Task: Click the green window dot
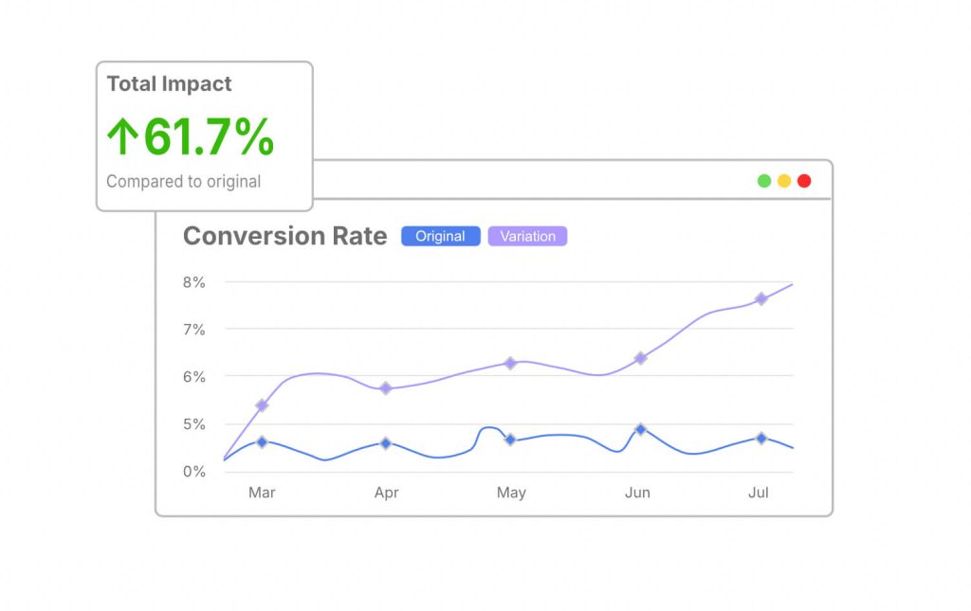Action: coord(764,181)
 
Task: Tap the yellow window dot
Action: coord(784,181)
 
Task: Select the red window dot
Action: coord(804,181)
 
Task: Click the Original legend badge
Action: coord(440,237)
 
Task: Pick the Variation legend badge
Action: coord(527,237)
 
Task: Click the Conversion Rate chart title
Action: coord(284,236)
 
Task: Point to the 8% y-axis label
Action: coord(193,282)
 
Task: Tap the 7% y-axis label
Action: coord(193,330)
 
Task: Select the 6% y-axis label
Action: coord(193,377)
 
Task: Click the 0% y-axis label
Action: coord(193,472)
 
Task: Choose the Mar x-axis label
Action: coord(262,493)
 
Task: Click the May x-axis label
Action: coord(511,493)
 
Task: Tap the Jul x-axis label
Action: coord(759,493)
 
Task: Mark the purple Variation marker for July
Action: coord(760,299)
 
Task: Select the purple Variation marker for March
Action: coord(262,405)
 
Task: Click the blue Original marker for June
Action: coord(641,429)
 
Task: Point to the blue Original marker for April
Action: coord(386,443)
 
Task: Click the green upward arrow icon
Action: coord(121,138)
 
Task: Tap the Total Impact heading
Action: coord(169,84)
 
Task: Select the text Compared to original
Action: coord(183,181)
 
